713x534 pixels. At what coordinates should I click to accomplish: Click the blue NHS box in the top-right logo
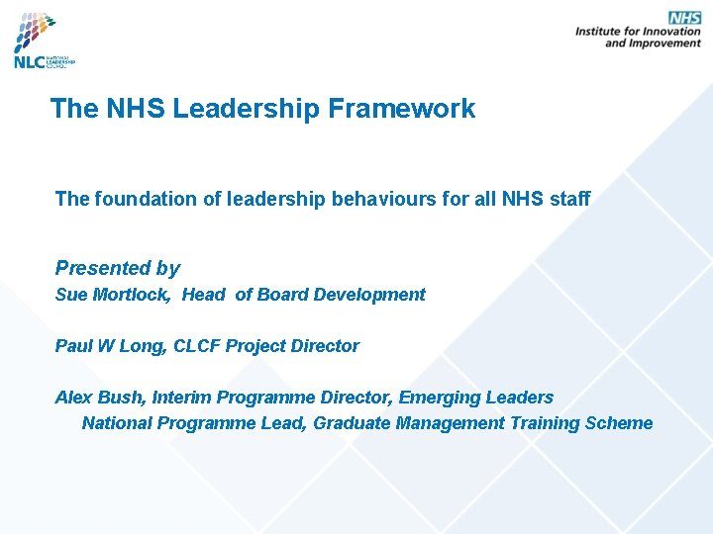click(684, 18)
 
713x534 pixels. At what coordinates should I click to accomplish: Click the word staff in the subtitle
click(569, 199)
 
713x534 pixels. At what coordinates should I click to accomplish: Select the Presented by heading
click(117, 268)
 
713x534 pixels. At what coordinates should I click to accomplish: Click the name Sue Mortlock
click(113, 295)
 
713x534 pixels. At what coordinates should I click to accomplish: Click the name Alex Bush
click(99, 398)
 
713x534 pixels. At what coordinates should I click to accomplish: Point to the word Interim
click(181, 398)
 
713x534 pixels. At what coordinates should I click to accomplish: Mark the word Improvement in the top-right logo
click(665, 44)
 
